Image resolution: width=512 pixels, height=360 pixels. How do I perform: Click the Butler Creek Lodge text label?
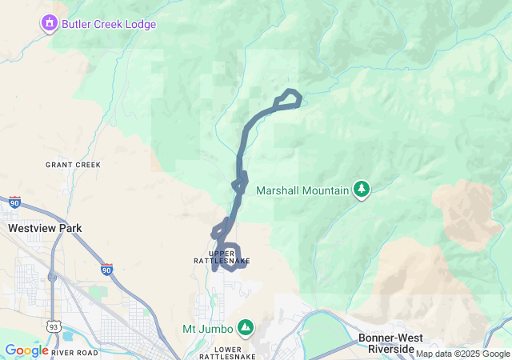tap(110, 24)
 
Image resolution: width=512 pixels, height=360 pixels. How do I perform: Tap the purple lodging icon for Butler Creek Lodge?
tap(50, 24)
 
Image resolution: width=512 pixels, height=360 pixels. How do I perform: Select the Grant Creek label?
tap(73, 165)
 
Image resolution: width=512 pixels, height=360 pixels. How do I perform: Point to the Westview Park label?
tap(45, 228)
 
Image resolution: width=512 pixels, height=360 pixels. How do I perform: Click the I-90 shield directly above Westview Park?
tap(15, 202)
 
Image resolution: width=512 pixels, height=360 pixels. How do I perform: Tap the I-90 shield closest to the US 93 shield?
tap(106, 270)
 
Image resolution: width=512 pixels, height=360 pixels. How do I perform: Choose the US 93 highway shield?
tap(53, 326)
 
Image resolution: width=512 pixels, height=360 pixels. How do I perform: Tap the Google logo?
tap(26, 350)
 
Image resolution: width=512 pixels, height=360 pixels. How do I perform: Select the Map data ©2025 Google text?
tap(462, 354)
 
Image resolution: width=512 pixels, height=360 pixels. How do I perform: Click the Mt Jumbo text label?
tap(207, 329)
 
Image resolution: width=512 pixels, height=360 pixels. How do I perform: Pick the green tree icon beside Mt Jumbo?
tap(246, 328)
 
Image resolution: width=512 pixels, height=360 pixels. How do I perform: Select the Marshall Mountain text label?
tap(302, 190)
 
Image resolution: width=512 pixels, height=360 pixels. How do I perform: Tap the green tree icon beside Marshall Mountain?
tap(362, 190)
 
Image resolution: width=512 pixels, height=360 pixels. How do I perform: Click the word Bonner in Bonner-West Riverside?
tap(377, 338)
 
